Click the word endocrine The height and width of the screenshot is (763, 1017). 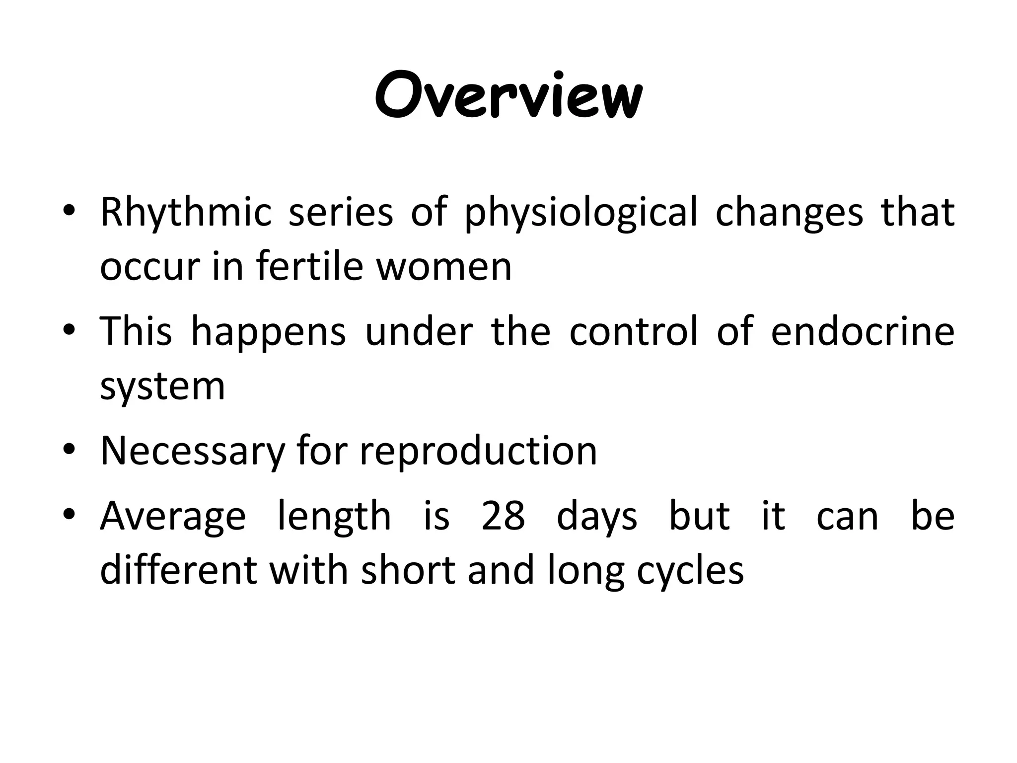[x=862, y=331]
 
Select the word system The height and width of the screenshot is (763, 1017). [x=162, y=386]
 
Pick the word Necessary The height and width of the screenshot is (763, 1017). [x=193, y=451]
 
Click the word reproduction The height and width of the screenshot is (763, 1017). [x=478, y=451]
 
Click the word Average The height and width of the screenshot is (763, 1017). [x=173, y=517]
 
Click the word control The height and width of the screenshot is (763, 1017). [x=634, y=331]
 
